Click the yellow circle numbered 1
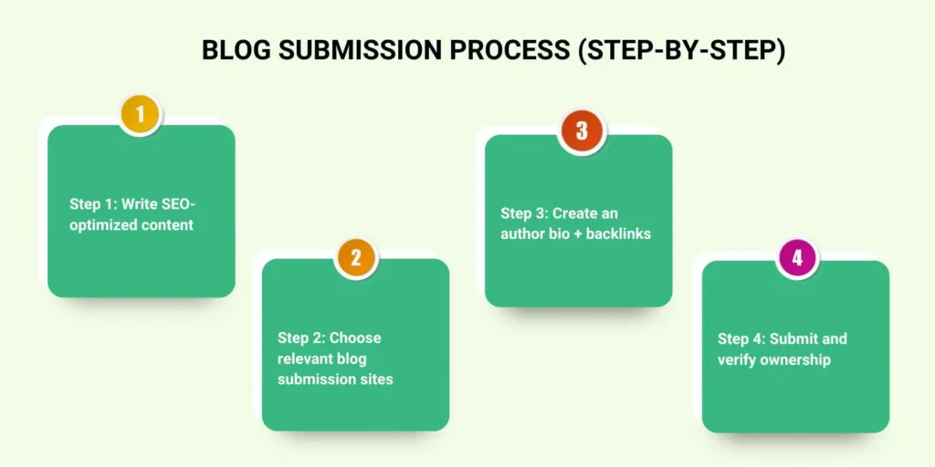pos(141,115)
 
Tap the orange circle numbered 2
pos(356,258)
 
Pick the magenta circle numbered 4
pos(797,258)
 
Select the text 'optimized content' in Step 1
pos(131,224)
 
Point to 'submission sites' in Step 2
pos(335,379)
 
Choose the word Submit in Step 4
pos(793,338)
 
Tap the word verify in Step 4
pos(737,359)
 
